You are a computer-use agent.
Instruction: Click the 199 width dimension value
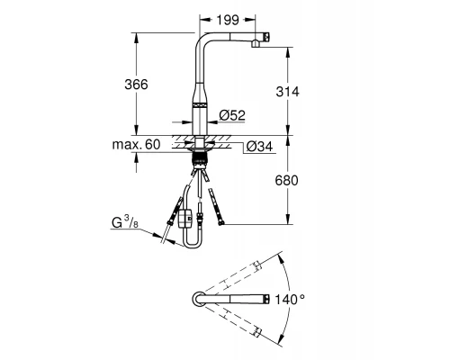228,20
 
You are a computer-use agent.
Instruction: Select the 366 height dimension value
136,85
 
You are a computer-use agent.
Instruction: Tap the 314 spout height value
287,92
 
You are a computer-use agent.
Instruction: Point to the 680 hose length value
287,181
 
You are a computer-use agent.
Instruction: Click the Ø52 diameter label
232,115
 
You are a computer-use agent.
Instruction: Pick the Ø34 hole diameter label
259,147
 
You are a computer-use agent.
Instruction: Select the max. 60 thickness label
136,145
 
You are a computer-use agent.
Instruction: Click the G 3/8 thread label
125,222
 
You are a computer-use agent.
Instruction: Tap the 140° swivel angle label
290,300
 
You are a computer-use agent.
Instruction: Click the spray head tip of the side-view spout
266,37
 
